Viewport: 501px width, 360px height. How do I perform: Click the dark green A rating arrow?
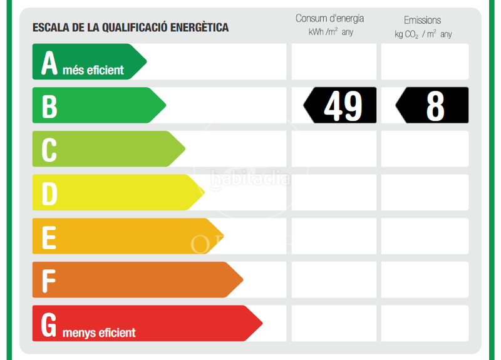pos(88,62)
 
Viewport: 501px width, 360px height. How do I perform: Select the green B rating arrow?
pos(97,105)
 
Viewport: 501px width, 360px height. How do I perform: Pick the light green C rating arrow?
pos(106,149)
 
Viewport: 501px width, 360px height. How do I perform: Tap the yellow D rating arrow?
pos(116,192)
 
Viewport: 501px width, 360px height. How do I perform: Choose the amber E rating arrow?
pos(125,236)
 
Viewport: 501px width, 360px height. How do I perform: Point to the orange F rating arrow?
pos(135,280)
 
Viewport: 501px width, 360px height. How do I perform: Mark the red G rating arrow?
pos(144,323)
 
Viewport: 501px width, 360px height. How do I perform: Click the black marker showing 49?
pos(341,105)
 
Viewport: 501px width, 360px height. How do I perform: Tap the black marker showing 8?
pos(432,105)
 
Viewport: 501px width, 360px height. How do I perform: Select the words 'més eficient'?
pos(93,70)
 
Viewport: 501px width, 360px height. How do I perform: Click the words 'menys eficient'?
pos(99,332)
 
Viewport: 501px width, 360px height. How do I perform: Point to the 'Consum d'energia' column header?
pos(329,19)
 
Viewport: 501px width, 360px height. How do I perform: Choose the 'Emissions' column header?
pos(422,20)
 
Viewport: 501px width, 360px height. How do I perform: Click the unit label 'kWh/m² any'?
pos(331,33)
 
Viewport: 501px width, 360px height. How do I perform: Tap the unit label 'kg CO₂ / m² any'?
pos(423,34)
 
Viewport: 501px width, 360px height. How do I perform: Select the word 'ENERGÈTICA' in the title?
pos(198,28)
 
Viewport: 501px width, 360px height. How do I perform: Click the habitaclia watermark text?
pos(250,179)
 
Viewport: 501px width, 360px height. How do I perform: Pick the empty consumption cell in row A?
pos(334,61)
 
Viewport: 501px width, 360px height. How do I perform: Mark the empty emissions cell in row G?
pos(425,323)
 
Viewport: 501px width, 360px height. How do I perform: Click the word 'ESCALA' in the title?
pos(49,28)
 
